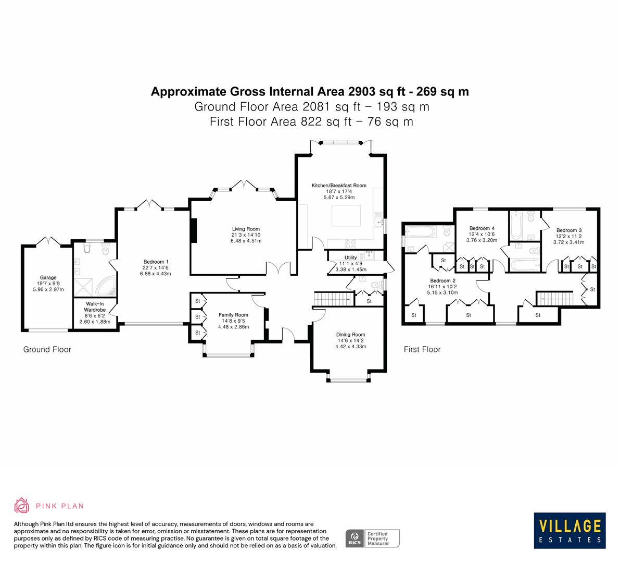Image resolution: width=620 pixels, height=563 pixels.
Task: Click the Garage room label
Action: click(x=48, y=277)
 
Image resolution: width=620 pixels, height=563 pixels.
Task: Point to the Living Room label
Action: click(x=246, y=229)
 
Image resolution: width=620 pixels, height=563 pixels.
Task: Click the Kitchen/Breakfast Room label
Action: click(x=339, y=186)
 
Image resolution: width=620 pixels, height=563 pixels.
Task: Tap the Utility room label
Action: click(x=350, y=258)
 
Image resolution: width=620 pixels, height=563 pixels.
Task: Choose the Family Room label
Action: click(x=233, y=315)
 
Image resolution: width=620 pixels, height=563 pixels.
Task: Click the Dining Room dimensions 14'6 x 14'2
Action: click(x=350, y=340)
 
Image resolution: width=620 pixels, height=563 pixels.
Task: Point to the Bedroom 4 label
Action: click(x=482, y=228)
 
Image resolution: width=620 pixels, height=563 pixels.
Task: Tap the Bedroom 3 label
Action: click(x=568, y=230)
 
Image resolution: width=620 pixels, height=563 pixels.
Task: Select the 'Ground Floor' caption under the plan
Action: click(x=47, y=349)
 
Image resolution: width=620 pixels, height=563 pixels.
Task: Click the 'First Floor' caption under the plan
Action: click(x=422, y=349)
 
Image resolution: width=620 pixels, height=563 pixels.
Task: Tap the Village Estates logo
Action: click(x=569, y=530)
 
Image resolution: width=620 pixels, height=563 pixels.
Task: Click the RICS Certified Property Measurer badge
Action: click(x=373, y=538)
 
